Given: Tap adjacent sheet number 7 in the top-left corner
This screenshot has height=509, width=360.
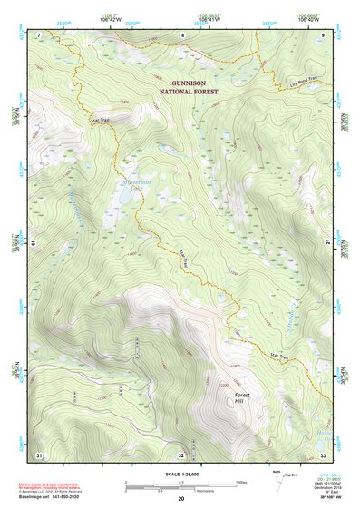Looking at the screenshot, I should (39, 34).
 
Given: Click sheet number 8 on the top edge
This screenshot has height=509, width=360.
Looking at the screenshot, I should (182, 34).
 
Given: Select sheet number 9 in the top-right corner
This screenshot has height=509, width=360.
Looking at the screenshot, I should (324, 34).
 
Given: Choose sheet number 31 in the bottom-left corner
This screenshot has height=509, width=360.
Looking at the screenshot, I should (39, 454).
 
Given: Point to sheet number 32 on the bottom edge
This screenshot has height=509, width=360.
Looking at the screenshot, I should (181, 455).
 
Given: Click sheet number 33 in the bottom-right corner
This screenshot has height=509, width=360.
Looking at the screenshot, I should (323, 454).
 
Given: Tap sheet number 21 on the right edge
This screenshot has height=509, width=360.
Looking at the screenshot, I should (326, 242).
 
